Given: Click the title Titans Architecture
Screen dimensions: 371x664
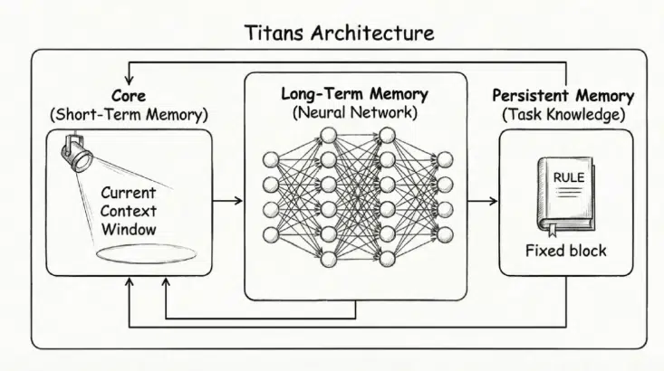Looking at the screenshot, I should click(340, 33).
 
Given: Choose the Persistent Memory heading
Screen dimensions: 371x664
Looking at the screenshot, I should click(562, 95).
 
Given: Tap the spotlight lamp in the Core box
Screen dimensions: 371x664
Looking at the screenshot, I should click(78, 153).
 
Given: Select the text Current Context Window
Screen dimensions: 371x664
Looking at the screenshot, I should click(129, 211).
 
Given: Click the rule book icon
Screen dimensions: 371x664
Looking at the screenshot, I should click(562, 193).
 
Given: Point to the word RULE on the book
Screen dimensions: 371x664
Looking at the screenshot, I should click(568, 177).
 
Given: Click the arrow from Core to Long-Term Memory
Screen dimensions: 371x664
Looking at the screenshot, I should click(227, 199).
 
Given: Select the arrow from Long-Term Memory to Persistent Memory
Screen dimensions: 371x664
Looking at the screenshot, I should click(482, 199).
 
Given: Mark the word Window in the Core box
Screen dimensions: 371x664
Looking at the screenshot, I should click(129, 229).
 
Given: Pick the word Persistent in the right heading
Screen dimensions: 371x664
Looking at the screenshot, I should click(529, 95).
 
